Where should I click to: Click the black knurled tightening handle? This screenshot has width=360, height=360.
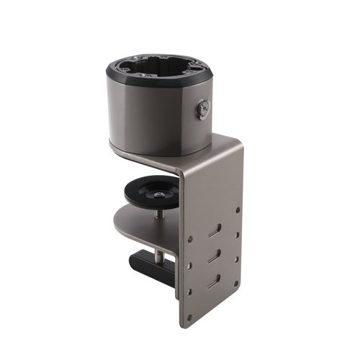click(151, 258)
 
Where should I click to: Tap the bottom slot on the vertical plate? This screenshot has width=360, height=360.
click(213, 282)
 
